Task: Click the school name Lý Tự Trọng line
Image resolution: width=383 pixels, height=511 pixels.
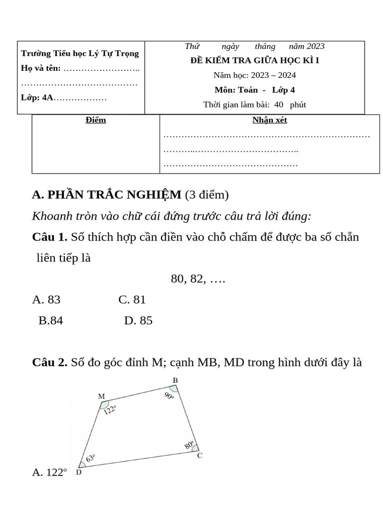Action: pyautogui.click(x=80, y=53)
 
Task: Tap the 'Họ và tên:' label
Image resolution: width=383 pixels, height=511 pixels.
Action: pyautogui.click(x=41, y=68)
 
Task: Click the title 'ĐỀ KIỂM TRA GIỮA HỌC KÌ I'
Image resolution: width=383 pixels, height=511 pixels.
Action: pyautogui.click(x=254, y=61)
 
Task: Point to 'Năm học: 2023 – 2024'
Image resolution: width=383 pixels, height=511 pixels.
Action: pyautogui.click(x=254, y=75)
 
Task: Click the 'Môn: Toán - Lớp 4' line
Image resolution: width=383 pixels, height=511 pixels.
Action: pyautogui.click(x=254, y=90)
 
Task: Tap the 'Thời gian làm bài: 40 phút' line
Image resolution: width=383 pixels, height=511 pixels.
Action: pyautogui.click(x=254, y=105)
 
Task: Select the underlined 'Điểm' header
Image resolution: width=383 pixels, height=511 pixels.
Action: pyautogui.click(x=95, y=120)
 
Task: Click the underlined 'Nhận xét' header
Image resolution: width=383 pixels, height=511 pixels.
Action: pyautogui.click(x=269, y=120)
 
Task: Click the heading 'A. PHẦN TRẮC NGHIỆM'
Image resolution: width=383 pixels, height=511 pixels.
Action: pyautogui.click(x=107, y=195)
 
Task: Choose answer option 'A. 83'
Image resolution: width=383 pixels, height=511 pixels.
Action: pyautogui.click(x=46, y=299)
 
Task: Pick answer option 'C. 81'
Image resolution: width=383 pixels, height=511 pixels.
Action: pyautogui.click(x=132, y=299)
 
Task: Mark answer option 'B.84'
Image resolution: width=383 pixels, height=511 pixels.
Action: pyautogui.click(x=51, y=320)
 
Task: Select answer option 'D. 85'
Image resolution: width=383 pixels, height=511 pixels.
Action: pyautogui.click(x=138, y=320)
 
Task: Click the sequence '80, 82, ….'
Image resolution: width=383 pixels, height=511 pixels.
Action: pyautogui.click(x=198, y=279)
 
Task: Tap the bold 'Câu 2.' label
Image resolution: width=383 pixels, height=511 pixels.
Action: pyautogui.click(x=49, y=362)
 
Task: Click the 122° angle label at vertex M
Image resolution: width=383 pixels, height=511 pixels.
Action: pyautogui.click(x=110, y=410)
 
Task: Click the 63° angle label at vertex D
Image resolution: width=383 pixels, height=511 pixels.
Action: pyautogui.click(x=90, y=458)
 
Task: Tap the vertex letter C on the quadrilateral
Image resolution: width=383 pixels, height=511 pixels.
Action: pyautogui.click(x=199, y=455)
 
